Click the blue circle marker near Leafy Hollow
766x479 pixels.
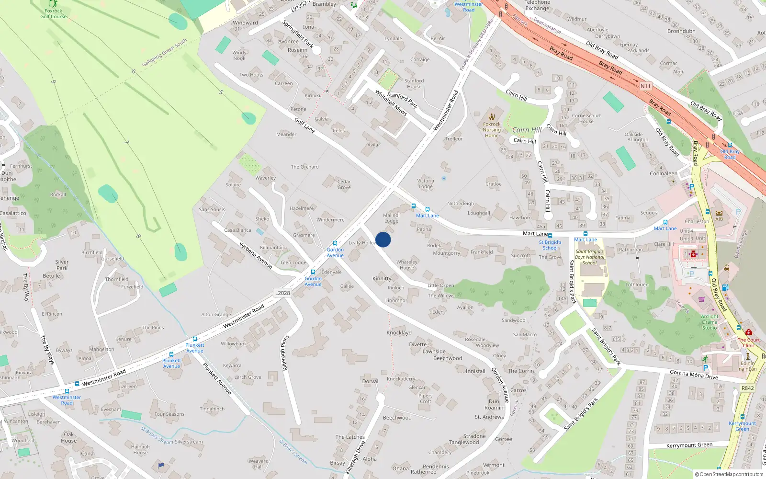tap(383, 239)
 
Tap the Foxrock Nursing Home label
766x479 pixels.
tap(492, 130)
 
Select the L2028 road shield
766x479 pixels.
tap(282, 293)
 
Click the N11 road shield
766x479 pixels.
tap(645, 86)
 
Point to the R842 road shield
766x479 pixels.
tap(747, 388)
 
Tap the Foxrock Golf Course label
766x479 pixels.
tap(53, 13)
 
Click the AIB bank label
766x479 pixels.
tap(719, 219)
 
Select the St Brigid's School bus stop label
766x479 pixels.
tap(550, 245)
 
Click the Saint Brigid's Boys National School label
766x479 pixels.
tap(590, 257)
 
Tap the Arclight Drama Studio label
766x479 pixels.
tap(710, 322)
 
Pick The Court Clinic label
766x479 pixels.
tap(749, 342)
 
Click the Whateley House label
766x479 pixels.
tap(407, 265)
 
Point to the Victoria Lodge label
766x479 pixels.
tap(426, 183)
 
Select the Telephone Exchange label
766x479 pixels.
tap(537, 5)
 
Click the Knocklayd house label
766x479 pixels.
tap(399, 332)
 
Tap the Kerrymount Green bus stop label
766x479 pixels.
tap(742, 426)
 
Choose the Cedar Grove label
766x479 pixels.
tap(344, 184)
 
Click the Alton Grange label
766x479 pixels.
tap(216, 315)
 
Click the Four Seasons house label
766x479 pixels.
tap(169, 414)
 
